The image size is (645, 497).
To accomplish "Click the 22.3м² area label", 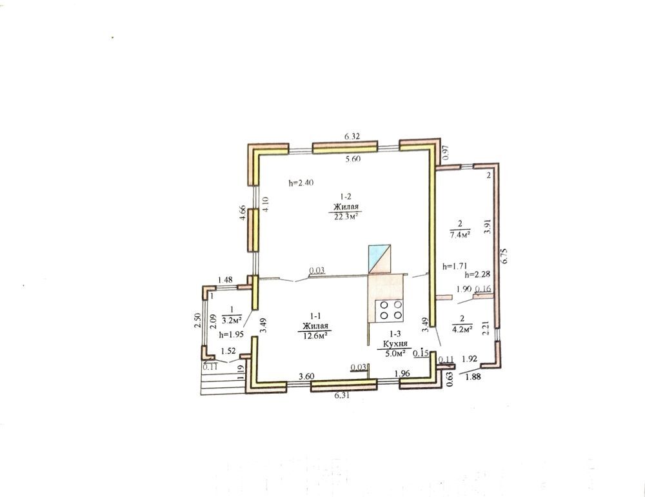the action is click(x=345, y=218).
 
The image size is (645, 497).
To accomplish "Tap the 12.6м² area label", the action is click(x=315, y=336).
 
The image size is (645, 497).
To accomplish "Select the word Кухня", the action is click(x=395, y=344).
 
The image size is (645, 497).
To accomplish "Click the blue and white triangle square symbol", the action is click(x=380, y=259).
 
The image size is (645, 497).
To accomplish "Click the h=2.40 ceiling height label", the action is click(x=301, y=183).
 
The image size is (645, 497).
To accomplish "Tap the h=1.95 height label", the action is click(x=231, y=334).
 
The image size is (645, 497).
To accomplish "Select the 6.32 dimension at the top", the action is click(x=352, y=136).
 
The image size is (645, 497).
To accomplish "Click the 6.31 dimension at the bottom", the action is click(x=342, y=395).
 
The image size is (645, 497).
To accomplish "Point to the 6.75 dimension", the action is click(x=506, y=255).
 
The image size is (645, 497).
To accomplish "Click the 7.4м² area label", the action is click(x=460, y=235).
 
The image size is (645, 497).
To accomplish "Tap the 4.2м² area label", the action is click(x=462, y=329).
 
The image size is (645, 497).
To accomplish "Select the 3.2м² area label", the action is click(x=232, y=320).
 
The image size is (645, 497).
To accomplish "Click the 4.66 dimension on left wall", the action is click(x=243, y=213).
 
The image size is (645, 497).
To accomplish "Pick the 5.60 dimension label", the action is click(x=353, y=159).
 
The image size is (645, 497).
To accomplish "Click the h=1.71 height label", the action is click(x=454, y=266).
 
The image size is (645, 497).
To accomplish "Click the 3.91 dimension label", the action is click(x=488, y=226).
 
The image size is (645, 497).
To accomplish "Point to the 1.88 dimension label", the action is click(x=473, y=376).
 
